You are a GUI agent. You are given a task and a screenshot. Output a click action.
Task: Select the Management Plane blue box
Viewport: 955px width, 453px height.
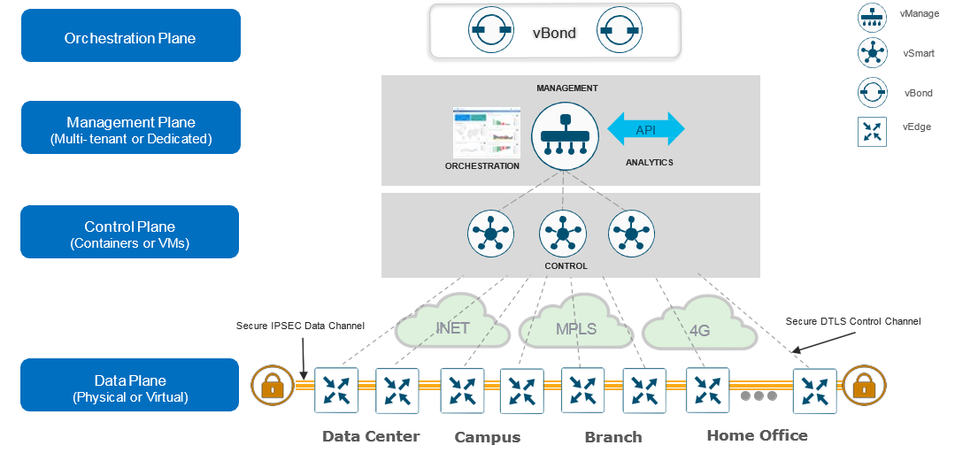click(130, 128)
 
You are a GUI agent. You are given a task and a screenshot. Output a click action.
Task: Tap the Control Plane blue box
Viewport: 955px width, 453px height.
click(130, 232)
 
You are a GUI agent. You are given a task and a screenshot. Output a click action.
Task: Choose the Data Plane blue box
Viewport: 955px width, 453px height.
click(130, 385)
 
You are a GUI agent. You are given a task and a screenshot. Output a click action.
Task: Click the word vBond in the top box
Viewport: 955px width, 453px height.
click(554, 33)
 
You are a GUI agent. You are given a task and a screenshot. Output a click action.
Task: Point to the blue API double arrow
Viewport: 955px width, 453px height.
click(646, 129)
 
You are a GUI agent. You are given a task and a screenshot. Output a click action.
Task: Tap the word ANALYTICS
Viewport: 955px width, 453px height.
click(650, 163)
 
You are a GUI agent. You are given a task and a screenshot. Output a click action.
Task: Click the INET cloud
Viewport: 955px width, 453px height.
click(452, 328)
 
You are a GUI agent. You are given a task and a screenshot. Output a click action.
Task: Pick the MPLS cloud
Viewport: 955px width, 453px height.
click(574, 328)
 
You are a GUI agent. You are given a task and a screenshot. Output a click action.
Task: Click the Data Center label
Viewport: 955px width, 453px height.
click(371, 435)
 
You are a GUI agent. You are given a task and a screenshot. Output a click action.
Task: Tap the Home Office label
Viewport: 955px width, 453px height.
click(757, 434)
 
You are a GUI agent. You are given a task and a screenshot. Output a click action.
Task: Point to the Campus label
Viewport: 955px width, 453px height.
click(488, 437)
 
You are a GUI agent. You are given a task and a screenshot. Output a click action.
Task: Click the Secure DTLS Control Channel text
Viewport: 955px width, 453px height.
click(853, 321)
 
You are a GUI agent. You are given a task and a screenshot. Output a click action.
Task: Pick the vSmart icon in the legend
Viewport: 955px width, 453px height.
click(873, 53)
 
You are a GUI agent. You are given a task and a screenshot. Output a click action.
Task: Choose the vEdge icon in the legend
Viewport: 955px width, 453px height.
click(873, 132)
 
